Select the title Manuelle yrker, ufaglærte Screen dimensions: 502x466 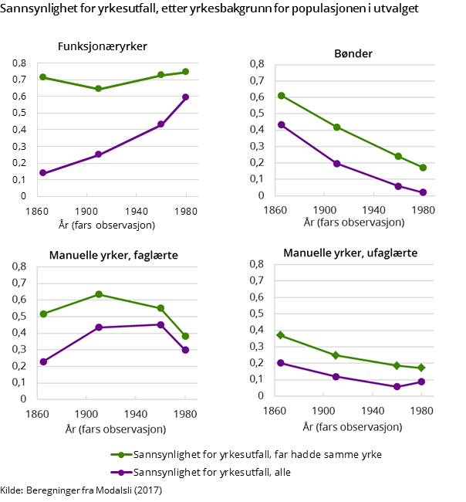pyautogui.click(x=350, y=253)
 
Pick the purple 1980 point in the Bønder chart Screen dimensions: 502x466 pyautogui.click(x=423, y=192)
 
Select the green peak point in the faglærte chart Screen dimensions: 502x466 pyautogui.click(x=99, y=294)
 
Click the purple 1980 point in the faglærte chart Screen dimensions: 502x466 pyautogui.click(x=185, y=350)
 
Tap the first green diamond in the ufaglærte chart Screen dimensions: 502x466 pyautogui.click(x=281, y=335)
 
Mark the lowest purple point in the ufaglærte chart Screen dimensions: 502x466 pyautogui.click(x=398, y=386)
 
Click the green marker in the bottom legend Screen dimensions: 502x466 pyautogui.click(x=121, y=455)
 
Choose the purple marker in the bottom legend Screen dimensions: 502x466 pyautogui.click(x=121, y=472)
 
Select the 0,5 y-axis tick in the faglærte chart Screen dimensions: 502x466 pyautogui.click(x=19, y=316)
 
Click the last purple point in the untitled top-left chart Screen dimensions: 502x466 pyautogui.click(x=185, y=97)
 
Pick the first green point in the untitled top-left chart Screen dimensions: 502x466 pyautogui.click(x=43, y=77)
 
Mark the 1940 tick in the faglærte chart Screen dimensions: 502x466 pyautogui.click(x=136, y=413)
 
